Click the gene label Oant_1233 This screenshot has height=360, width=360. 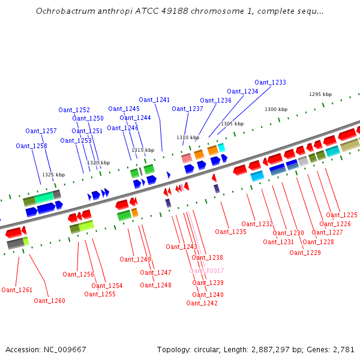[270, 82]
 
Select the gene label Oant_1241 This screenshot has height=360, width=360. [154, 100]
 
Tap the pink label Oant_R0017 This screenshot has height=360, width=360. [206, 271]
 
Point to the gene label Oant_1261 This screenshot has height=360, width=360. [17, 290]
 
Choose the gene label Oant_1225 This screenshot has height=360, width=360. [341, 215]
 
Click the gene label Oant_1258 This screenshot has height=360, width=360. [31, 146]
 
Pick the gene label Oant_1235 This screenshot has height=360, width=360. [230, 232]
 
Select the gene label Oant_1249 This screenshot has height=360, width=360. [135, 259]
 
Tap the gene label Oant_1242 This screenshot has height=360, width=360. [202, 303]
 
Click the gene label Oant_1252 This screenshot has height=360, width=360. [74, 110]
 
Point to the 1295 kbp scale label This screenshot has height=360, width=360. [320, 94]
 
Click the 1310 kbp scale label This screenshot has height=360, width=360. [188, 137]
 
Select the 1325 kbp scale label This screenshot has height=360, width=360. [53, 175]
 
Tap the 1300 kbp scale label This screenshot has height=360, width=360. [276, 109]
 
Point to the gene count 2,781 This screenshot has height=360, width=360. [343, 349]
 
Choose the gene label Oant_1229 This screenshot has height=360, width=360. [305, 253]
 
